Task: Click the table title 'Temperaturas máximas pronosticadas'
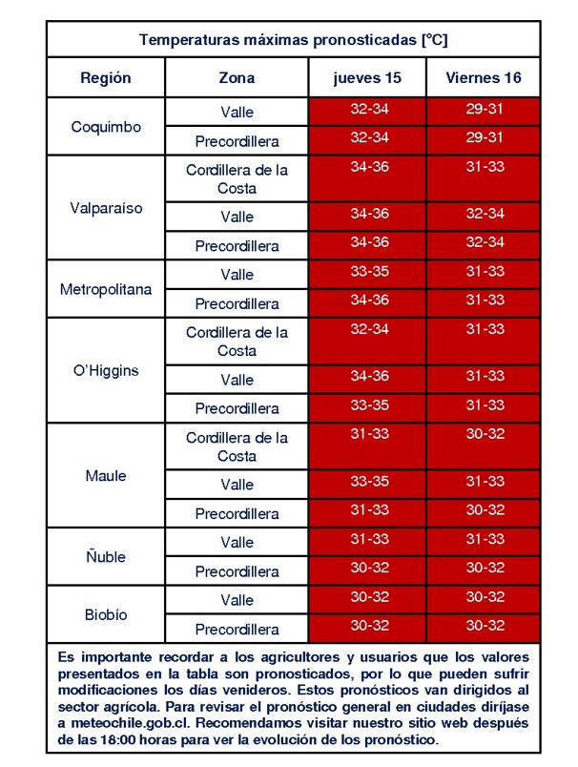279,40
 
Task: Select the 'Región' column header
106,78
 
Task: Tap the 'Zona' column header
237,78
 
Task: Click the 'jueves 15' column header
367,78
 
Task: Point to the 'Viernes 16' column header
484,77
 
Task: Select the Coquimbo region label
106,127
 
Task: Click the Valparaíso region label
106,208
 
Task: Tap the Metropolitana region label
106,289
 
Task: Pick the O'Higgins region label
106,370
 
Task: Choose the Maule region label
106,475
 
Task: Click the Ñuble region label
106,556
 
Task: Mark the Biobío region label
106,614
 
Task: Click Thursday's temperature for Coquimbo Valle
370,109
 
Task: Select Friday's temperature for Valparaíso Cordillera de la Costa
485,167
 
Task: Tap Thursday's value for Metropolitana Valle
370,271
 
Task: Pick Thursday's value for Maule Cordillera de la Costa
370,433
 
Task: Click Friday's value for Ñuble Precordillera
485,568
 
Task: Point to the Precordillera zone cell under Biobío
237,629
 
